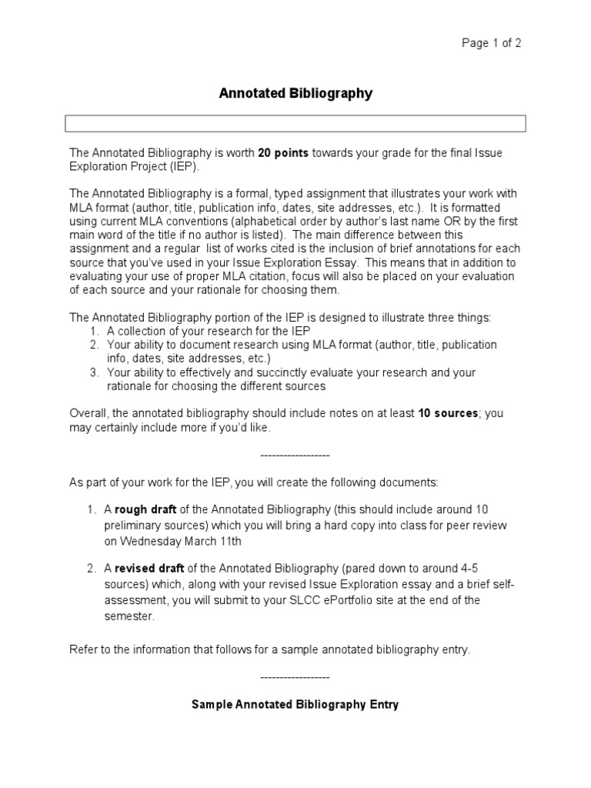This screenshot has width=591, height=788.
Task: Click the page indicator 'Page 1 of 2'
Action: (491, 43)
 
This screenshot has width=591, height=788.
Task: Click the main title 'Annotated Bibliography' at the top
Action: (295, 93)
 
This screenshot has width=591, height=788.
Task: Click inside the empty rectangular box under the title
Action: (295, 124)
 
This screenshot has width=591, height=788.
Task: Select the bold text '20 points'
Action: (283, 153)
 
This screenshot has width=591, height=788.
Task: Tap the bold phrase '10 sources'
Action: (448, 413)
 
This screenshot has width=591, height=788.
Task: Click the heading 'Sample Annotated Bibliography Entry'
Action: (295, 704)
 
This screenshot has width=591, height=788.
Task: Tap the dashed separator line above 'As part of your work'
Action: (295, 456)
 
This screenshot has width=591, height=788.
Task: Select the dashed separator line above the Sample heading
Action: (295, 677)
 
